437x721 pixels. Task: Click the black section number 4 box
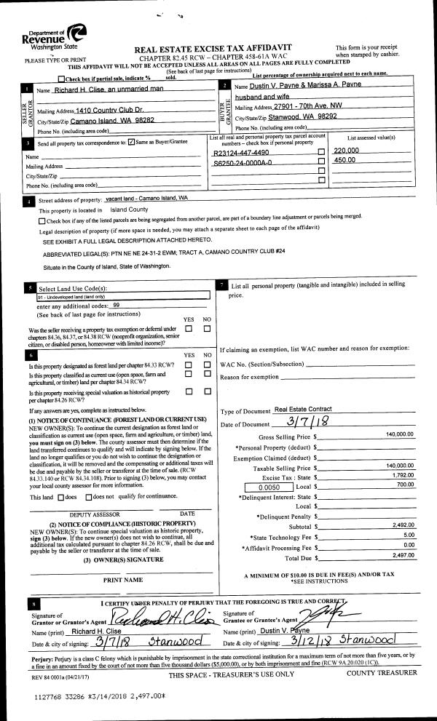click(x=28, y=201)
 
